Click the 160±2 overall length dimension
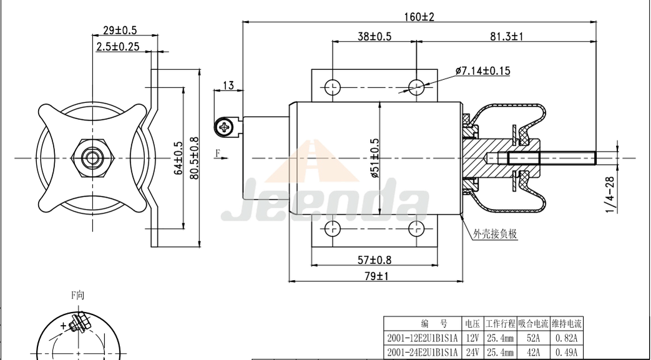[x=418, y=16]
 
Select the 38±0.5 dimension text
[x=374, y=37]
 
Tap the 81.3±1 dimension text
[x=506, y=37]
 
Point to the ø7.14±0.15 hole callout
[x=482, y=71]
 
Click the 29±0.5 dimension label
[x=119, y=30]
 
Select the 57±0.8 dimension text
[x=374, y=260]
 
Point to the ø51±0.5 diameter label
[x=375, y=157]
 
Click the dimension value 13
[x=228, y=85]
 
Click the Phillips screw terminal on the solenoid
[x=224, y=128]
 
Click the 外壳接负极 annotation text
[x=496, y=234]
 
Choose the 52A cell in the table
[x=533, y=338]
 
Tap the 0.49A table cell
[x=567, y=353]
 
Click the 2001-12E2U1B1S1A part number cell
[x=423, y=338]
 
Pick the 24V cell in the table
[x=472, y=353]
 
